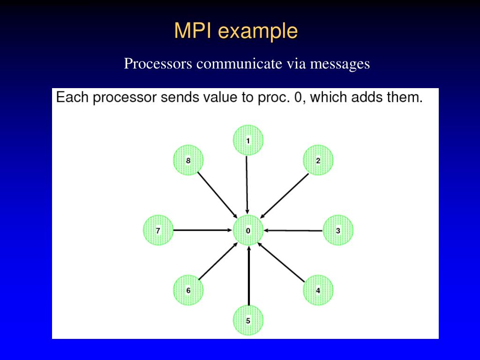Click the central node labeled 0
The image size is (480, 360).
(248, 230)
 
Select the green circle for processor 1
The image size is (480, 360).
(248, 140)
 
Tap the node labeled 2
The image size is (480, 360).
(318, 160)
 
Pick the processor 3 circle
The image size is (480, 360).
(338, 230)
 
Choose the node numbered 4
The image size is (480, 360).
(318, 290)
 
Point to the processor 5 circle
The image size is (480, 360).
(248, 321)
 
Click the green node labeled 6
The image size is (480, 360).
(188, 290)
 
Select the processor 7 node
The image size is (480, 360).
(158, 230)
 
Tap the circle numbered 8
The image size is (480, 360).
(188, 160)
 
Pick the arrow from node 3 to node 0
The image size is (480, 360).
(293, 230)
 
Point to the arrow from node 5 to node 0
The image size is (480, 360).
(248, 277)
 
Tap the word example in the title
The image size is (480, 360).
(257, 31)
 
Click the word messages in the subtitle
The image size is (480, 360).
(339, 63)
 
